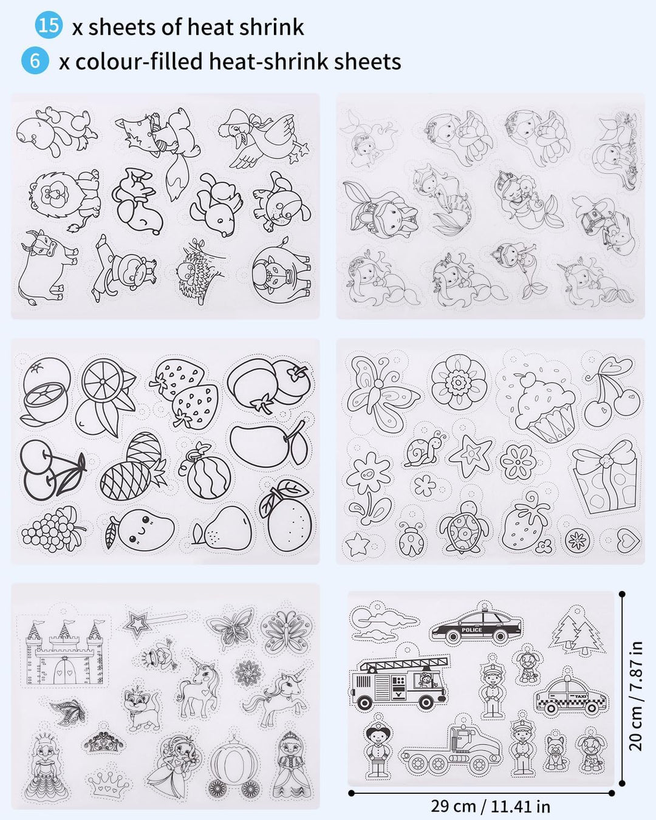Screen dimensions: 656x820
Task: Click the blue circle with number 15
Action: pos(49,26)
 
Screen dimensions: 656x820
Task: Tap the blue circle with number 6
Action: pos(35,60)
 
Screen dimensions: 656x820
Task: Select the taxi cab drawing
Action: pos(570,697)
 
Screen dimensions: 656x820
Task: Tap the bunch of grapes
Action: pos(53,528)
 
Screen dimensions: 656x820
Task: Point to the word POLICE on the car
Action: pos(471,630)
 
